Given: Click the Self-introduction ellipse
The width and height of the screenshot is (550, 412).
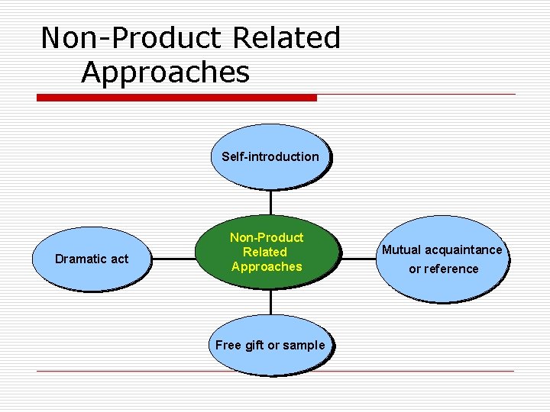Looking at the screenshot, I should (x=270, y=156).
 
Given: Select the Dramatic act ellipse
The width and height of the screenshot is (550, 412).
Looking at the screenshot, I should (x=92, y=259).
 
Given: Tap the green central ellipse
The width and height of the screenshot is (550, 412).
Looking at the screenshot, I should (x=267, y=252).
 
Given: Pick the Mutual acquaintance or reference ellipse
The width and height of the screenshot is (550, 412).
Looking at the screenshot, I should (x=442, y=259).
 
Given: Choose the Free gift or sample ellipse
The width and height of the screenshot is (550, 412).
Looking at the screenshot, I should (x=270, y=345).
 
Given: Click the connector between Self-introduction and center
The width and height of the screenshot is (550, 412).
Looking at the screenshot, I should (x=270, y=202).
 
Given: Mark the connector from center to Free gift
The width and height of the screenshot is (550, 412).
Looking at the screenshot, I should (x=270, y=301).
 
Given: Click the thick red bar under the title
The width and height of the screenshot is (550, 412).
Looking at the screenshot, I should (x=176, y=98).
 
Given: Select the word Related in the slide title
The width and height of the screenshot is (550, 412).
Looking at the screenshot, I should (x=286, y=37).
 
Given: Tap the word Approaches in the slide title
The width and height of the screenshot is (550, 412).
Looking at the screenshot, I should (x=165, y=72).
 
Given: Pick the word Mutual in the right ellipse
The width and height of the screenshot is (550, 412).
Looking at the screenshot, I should (x=401, y=249).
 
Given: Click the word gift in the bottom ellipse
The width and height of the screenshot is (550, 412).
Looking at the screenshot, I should (x=253, y=345).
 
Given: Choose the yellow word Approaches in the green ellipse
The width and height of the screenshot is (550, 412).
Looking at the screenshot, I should (x=267, y=266).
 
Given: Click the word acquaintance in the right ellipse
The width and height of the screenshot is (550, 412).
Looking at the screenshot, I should (x=463, y=249).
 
